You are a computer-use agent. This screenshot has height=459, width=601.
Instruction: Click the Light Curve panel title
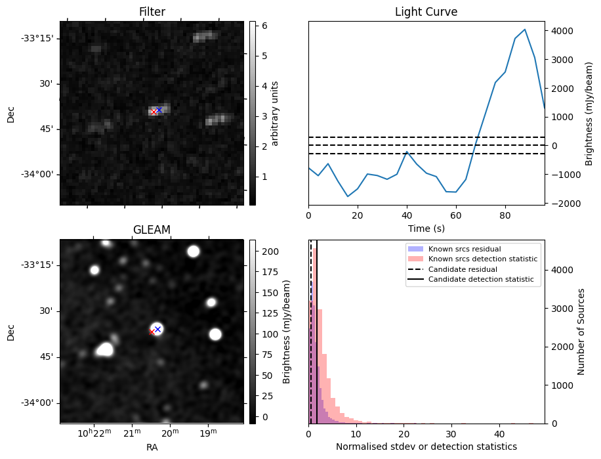click(426, 12)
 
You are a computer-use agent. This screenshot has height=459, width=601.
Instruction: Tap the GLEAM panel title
click(152, 229)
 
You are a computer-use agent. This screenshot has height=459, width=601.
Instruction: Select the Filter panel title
click(152, 12)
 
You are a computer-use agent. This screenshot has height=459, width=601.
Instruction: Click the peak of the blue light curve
click(525, 30)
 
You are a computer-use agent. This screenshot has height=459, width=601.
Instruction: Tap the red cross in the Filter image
click(154, 112)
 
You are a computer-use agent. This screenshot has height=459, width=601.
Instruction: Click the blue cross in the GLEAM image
click(157, 329)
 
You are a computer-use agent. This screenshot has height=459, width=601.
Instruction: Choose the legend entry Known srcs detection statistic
click(482, 259)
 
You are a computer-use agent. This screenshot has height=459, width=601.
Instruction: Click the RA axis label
click(152, 447)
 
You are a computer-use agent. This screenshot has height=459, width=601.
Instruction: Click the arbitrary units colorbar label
click(276, 113)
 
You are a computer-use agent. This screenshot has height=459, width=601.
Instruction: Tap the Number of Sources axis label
click(581, 332)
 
